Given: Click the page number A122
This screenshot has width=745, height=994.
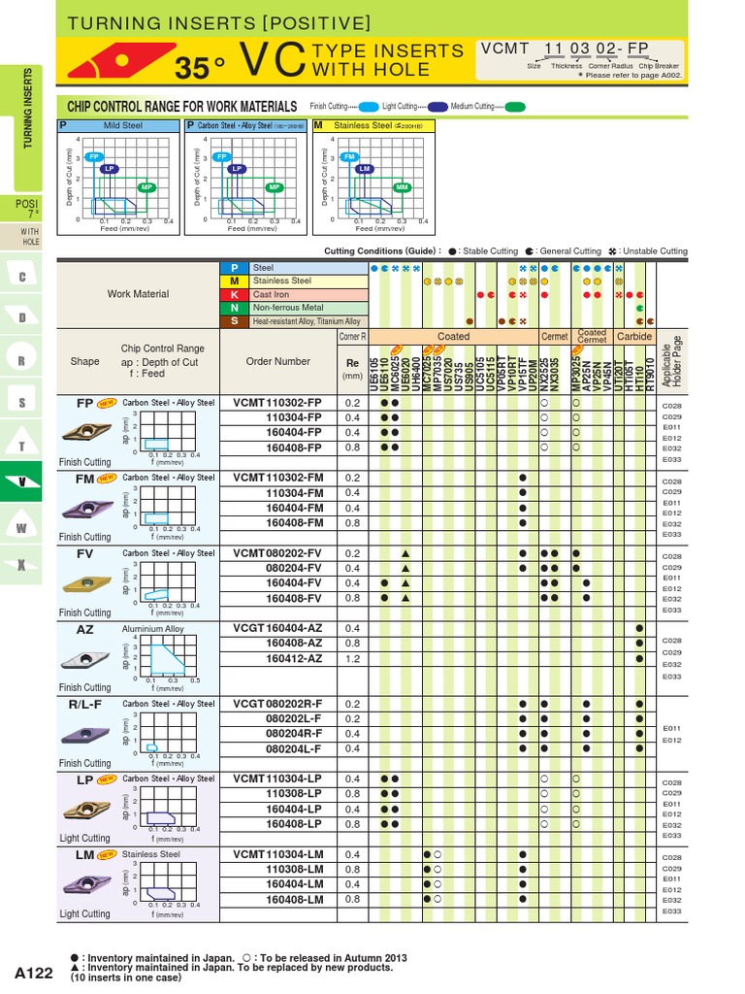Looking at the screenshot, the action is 34,972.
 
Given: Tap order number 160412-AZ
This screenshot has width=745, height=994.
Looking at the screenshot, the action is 294,657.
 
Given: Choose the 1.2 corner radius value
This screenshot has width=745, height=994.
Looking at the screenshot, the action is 352,657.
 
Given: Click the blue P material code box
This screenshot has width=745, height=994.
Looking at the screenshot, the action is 234,267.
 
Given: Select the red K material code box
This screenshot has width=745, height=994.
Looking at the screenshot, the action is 234,294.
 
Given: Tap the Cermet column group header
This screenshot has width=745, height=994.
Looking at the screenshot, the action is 555,337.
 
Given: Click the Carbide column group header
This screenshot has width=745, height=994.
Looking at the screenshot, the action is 634,337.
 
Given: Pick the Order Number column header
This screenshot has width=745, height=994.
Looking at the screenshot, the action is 278,361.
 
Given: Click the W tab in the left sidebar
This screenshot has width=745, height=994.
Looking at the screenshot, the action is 20,526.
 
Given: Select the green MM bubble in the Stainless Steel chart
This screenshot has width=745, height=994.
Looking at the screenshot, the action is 401,187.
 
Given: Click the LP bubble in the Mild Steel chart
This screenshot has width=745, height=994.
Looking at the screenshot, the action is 110,169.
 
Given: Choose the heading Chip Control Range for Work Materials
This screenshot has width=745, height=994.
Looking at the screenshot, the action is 181,106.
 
